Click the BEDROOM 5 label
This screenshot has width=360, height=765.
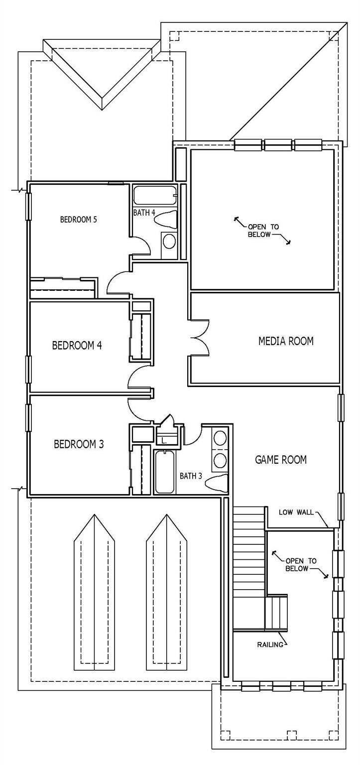tap(78, 219)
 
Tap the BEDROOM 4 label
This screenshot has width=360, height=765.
tap(77, 345)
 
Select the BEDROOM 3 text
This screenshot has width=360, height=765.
tap(79, 444)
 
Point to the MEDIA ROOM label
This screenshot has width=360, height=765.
tap(286, 341)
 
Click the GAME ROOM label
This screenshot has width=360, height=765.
tap(281, 459)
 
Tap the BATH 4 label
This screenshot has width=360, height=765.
tap(144, 213)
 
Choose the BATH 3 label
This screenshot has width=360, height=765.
tap(191, 476)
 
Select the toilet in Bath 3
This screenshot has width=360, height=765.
tap(217, 483)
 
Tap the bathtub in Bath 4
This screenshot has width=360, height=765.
tap(155, 195)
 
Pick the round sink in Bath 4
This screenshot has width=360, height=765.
tap(169, 242)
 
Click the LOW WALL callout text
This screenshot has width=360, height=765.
tap(296, 512)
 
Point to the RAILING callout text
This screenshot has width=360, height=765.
tap(270, 645)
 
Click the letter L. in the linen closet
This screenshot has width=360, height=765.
tap(164, 441)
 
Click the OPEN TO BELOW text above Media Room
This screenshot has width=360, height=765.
tap(263, 231)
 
